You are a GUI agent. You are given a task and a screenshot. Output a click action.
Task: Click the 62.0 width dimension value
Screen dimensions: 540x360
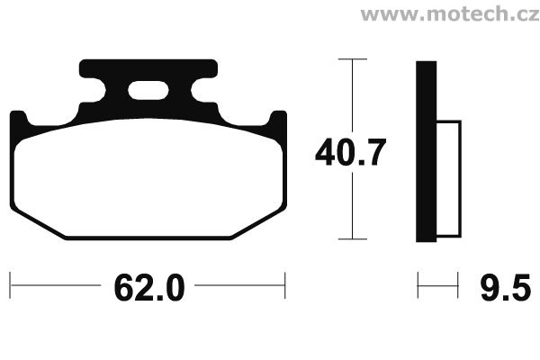click(x=149, y=288)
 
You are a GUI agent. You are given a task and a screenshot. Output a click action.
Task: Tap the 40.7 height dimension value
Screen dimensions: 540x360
click(x=351, y=152)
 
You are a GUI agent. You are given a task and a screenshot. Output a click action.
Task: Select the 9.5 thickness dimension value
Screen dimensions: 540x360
click(x=506, y=288)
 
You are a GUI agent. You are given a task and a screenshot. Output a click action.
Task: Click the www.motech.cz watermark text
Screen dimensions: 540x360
click(x=450, y=14)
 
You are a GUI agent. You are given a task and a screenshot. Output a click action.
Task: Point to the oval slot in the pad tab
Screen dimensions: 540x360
click(x=148, y=91)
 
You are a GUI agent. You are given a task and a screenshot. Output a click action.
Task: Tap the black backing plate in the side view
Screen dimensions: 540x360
click(x=427, y=151)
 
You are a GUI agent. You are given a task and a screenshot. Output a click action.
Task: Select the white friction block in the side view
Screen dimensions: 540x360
click(x=449, y=179)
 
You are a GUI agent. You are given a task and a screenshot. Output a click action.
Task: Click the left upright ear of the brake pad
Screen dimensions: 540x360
click(x=19, y=124)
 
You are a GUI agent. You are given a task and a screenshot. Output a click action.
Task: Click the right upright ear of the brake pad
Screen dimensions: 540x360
click(x=277, y=124)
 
